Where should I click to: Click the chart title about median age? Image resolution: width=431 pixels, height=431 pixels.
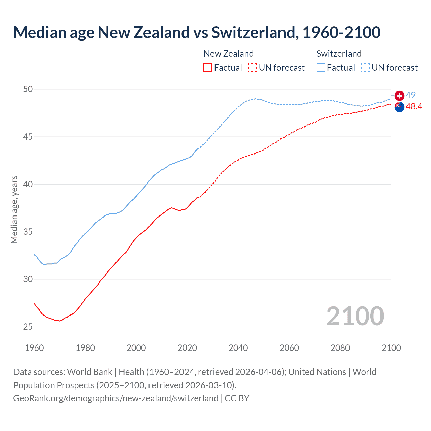(x=197, y=32)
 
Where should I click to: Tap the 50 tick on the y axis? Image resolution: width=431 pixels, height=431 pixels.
(x=28, y=89)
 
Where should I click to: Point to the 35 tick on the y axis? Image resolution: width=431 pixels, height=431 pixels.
(x=28, y=232)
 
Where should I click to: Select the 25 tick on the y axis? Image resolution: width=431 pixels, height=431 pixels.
(x=28, y=327)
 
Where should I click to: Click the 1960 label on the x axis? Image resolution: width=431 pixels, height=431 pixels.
(x=34, y=348)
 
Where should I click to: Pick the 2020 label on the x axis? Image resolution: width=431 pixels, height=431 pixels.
(x=187, y=348)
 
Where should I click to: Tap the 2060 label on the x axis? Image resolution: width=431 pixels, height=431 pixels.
(x=289, y=348)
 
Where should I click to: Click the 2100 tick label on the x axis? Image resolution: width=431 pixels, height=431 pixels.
(x=391, y=348)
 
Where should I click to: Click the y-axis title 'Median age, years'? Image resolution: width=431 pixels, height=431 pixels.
(x=14, y=209)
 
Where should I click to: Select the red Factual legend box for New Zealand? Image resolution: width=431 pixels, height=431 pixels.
(x=208, y=68)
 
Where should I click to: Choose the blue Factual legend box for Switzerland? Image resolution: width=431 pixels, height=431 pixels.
(x=321, y=68)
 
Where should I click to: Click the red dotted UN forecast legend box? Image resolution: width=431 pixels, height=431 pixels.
(x=253, y=68)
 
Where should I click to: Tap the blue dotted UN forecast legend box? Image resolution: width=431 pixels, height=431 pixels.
(x=366, y=68)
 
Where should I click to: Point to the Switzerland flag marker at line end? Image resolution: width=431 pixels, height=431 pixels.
(x=399, y=96)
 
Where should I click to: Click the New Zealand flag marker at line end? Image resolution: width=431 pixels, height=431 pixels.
(x=399, y=107)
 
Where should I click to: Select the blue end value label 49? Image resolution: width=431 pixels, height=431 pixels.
(x=410, y=95)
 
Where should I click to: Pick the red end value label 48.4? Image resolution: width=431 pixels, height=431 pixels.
(x=414, y=107)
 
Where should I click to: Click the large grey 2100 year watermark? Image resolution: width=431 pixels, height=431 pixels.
(x=355, y=316)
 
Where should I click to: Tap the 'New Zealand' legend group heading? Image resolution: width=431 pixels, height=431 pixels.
(x=228, y=54)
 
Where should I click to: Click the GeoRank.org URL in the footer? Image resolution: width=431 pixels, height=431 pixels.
(x=116, y=398)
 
